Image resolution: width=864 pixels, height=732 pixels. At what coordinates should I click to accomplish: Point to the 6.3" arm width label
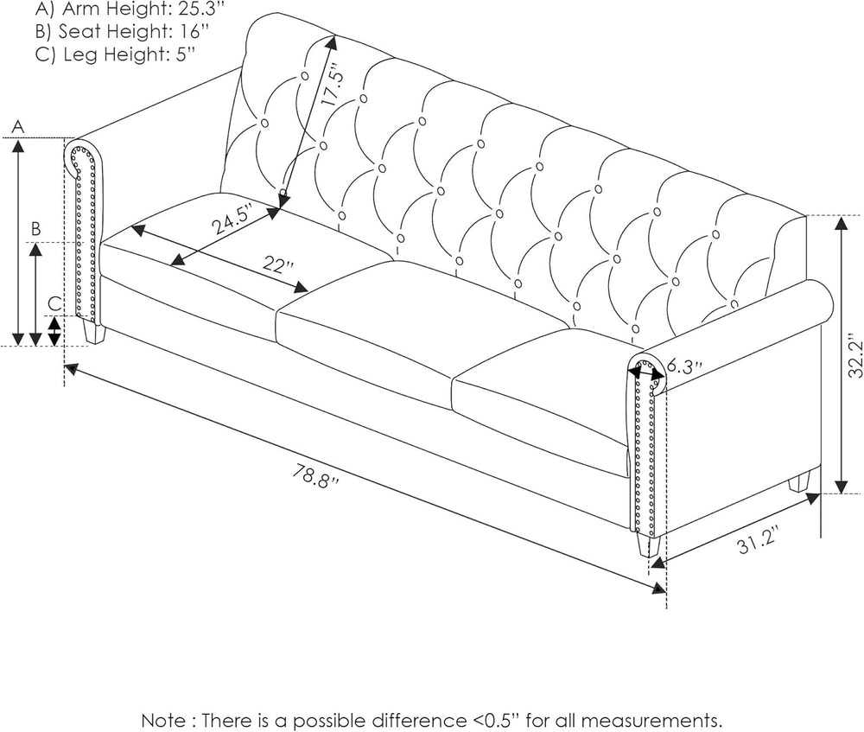pyautogui.click(x=685, y=366)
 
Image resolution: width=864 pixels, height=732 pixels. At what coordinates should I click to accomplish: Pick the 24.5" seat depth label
pyautogui.click(x=232, y=221)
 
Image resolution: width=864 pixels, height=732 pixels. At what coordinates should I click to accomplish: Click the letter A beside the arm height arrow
pyautogui.click(x=18, y=127)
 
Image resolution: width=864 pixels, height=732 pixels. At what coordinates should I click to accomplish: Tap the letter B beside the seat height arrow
pyautogui.click(x=35, y=229)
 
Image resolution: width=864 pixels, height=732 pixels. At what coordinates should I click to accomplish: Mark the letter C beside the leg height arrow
pyautogui.click(x=54, y=304)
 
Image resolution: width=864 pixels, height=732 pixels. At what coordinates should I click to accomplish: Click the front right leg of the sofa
pyautogui.click(x=649, y=545)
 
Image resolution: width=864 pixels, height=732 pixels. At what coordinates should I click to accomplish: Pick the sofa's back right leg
pyautogui.click(x=802, y=481)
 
